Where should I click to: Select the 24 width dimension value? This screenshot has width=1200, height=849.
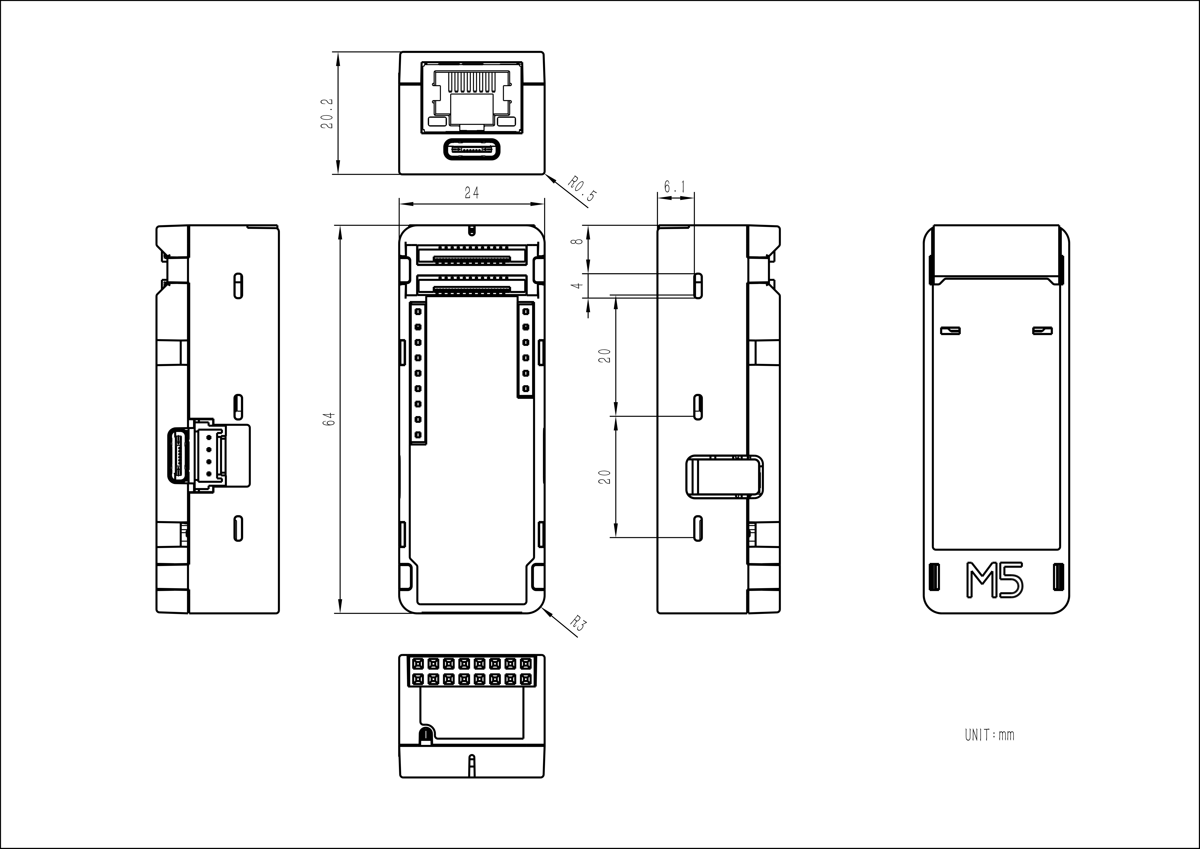[471, 193]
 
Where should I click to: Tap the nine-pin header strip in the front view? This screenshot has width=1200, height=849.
[418, 373]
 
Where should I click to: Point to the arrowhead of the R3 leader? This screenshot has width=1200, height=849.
[547, 612]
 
